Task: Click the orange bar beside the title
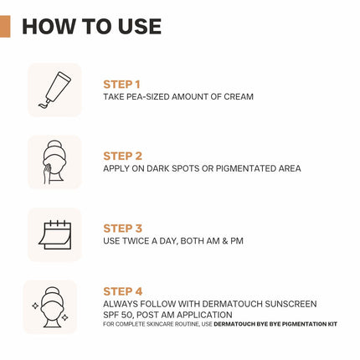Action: pyautogui.click(x=5, y=27)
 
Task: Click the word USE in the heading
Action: pyautogui.click(x=140, y=27)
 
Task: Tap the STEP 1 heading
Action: pyautogui.click(x=121, y=85)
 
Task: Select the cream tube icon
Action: pyautogui.click(x=54, y=90)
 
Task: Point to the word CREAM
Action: pyautogui.click(x=239, y=97)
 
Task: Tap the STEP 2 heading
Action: pyautogui.click(x=122, y=156)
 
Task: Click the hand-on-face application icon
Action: pyautogui.click(x=54, y=162)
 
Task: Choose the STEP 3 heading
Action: pyautogui.click(x=122, y=229)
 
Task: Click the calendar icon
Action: pyautogui.click(x=55, y=234)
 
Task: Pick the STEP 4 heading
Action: pyautogui.click(x=123, y=291)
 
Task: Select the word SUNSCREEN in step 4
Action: pyautogui.click(x=291, y=304)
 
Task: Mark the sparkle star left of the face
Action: pyautogui.click(x=35, y=306)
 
